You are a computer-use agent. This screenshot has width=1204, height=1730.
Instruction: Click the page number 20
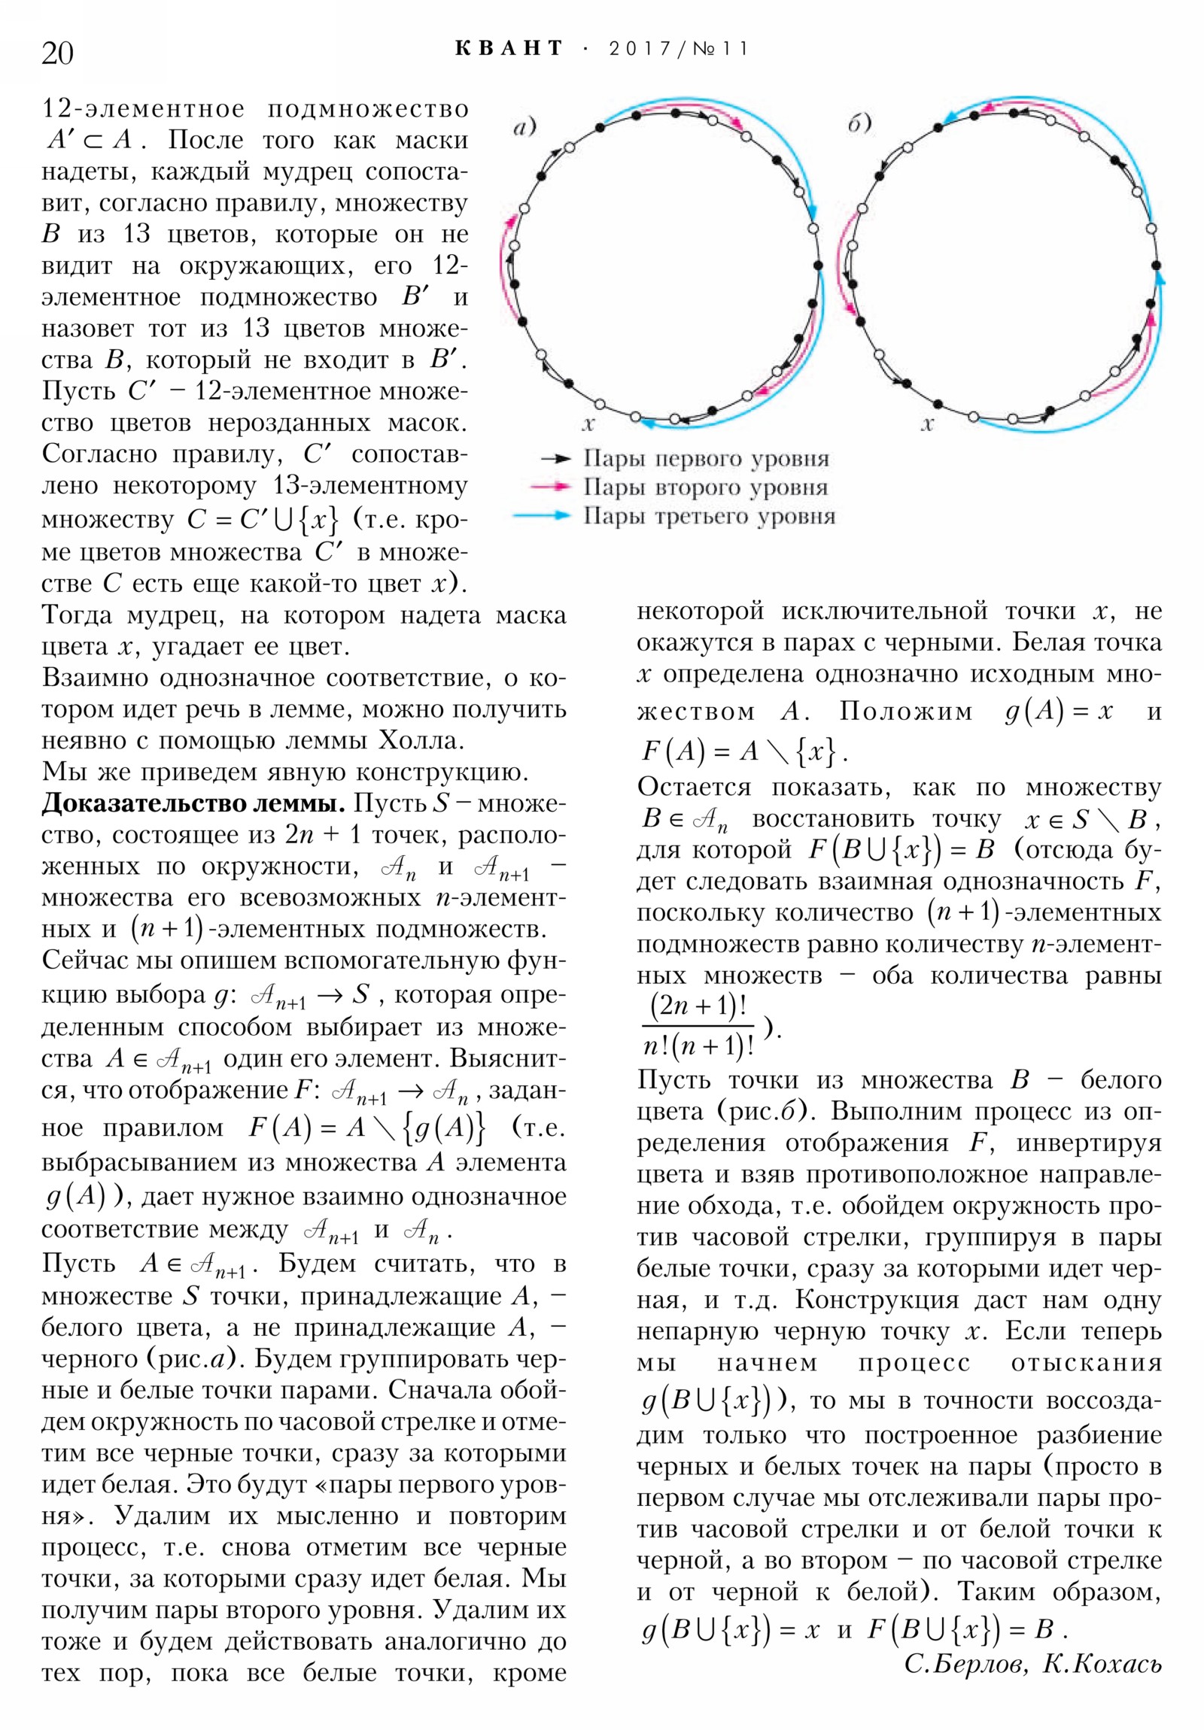tap(57, 53)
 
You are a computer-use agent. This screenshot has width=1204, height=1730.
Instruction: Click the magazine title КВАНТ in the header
tap(509, 49)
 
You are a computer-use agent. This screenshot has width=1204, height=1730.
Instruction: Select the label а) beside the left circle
tap(524, 126)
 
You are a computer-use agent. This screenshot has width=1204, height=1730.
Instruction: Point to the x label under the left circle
tap(588, 423)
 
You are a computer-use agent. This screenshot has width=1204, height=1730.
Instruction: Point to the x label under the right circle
tap(927, 423)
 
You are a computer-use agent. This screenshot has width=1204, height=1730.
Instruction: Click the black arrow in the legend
tap(555, 458)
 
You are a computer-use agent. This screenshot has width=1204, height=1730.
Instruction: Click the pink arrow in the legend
tap(550, 487)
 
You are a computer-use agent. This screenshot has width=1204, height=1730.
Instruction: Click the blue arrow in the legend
tap(540, 516)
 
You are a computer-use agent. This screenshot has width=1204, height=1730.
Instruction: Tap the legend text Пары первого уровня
tap(706, 458)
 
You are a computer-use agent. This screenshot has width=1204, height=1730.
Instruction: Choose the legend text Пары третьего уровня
tap(709, 516)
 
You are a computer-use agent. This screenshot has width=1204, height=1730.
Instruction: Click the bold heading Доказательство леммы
tap(192, 803)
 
